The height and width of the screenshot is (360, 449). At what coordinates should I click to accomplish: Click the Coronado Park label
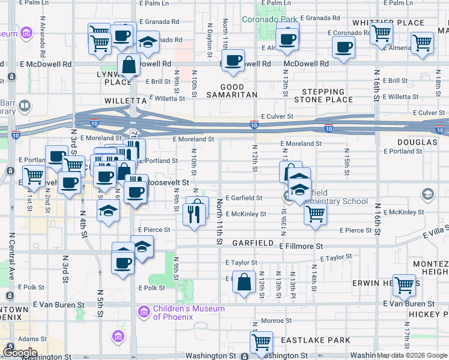pos(270,19)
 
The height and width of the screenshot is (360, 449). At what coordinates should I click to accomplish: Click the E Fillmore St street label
pos(301,246)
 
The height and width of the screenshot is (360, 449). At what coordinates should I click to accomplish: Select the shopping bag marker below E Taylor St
pos(244,282)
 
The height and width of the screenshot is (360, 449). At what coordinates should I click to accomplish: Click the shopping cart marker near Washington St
pos(261,343)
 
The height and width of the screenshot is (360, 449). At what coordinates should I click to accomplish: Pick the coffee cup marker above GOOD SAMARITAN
pos(234,60)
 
